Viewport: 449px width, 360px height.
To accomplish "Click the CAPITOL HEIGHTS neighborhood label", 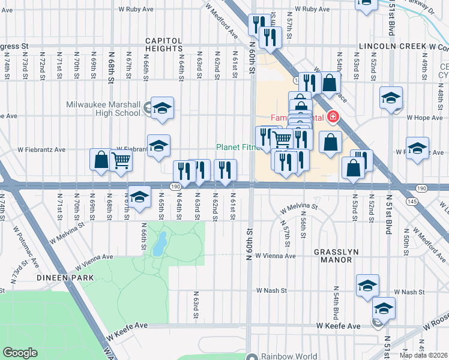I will (x=164, y=45).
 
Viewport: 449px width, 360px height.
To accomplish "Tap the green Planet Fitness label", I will (x=239, y=147).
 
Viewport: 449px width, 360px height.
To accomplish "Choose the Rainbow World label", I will (x=289, y=356).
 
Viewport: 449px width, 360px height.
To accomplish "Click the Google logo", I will (x=20, y=353).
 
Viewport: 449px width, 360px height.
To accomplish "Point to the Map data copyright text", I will (x=423, y=355).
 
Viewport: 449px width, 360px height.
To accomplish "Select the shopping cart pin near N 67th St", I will (x=121, y=161).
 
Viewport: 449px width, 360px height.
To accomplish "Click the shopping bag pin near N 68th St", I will (x=100, y=160).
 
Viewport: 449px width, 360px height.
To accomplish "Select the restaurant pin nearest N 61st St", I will (x=225, y=170).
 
